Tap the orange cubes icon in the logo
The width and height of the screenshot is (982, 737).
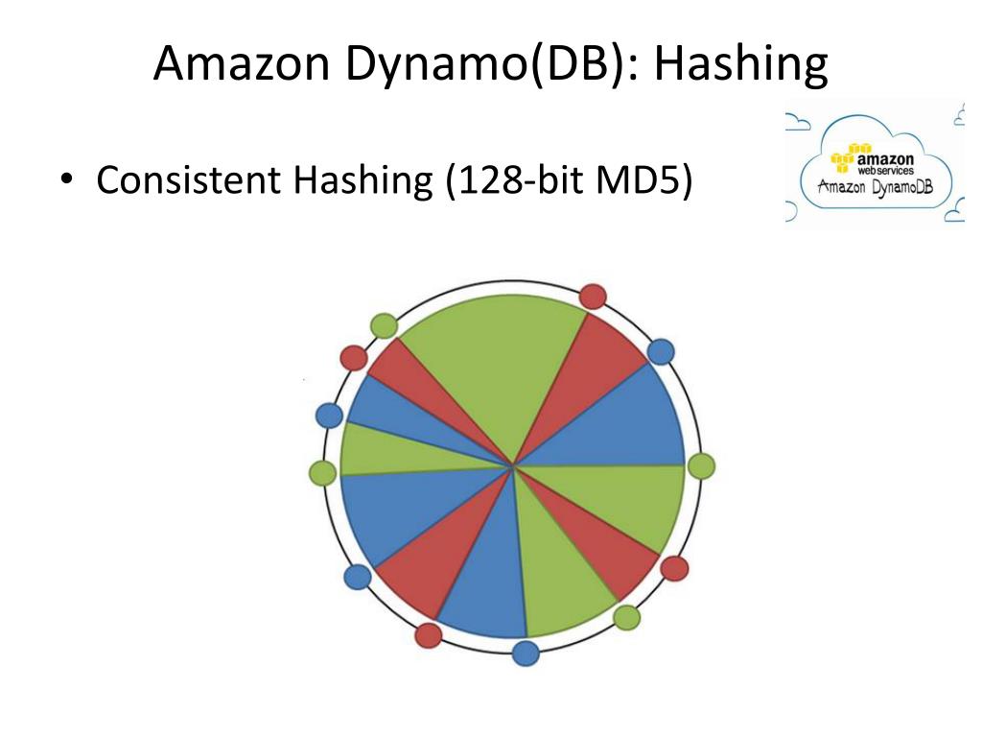pyautogui.click(x=843, y=156)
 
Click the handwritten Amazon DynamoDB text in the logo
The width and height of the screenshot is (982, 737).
pyautogui.click(x=875, y=185)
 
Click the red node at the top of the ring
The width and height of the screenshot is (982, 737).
pyautogui.click(x=594, y=296)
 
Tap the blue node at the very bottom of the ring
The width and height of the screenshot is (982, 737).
pyautogui.click(x=526, y=654)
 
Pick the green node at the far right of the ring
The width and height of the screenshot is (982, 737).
pyautogui.click(x=701, y=466)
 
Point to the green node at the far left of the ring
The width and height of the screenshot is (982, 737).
pyautogui.click(x=323, y=472)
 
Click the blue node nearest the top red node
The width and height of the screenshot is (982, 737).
pyautogui.click(x=661, y=351)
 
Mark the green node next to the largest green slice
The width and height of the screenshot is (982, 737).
pyautogui.click(x=384, y=325)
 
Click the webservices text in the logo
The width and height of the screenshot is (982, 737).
pyautogui.click(x=884, y=169)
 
